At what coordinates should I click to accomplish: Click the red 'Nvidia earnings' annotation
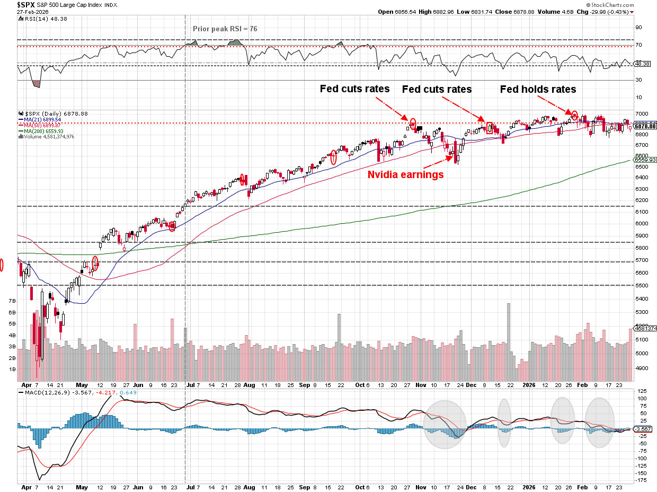click(x=406, y=174)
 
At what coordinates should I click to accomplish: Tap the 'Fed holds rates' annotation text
click(x=538, y=90)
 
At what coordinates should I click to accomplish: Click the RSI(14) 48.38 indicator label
click(x=40, y=19)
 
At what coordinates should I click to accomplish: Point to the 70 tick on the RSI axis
click(x=638, y=45)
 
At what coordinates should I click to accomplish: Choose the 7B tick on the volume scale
click(x=11, y=301)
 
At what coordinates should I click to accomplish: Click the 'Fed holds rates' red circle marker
click(x=574, y=114)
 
